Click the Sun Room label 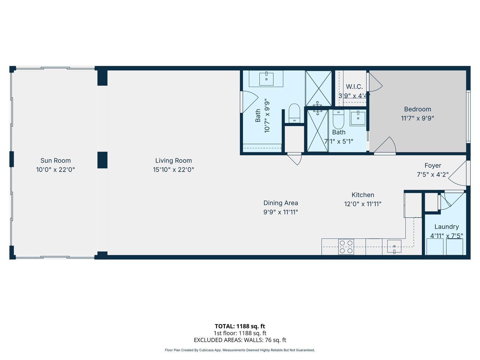click(x=55, y=161)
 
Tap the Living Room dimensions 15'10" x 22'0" click(x=173, y=169)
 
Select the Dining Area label click(x=280, y=203)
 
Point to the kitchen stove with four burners click(x=346, y=247)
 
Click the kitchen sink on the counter click(x=394, y=246)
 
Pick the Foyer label click(x=433, y=166)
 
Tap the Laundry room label click(x=446, y=227)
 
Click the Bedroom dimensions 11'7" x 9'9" click(x=418, y=118)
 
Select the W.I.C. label click(x=354, y=87)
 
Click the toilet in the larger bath click(x=294, y=113)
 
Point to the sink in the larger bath click(x=266, y=79)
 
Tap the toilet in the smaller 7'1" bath click(x=338, y=119)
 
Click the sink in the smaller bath click(x=358, y=118)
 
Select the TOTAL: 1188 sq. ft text click(x=240, y=326)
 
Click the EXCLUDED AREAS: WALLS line click(x=240, y=340)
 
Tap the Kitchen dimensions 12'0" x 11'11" click(x=363, y=204)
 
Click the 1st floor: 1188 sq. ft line click(x=240, y=333)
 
